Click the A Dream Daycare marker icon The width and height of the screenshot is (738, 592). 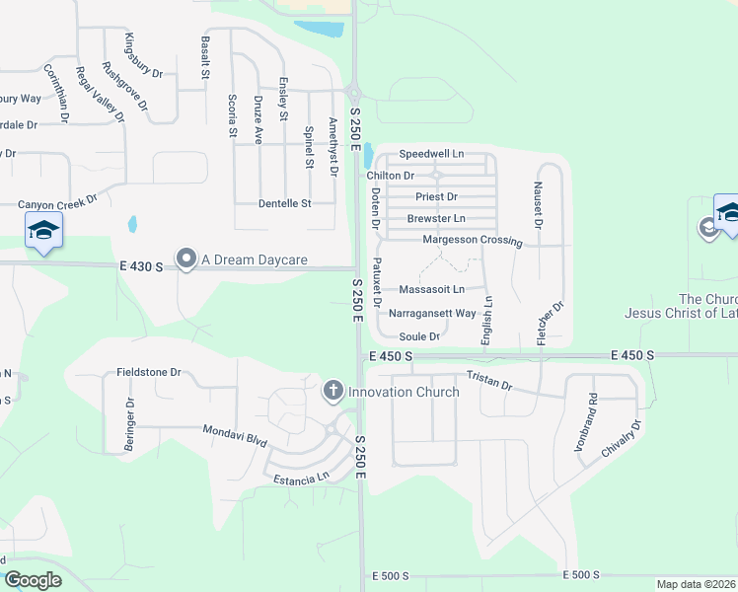click(x=186, y=259)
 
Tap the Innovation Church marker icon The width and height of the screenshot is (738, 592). click(x=333, y=392)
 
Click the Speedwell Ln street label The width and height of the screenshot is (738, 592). click(x=431, y=154)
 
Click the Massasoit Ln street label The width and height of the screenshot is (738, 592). click(x=431, y=290)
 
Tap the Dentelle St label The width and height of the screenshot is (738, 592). click(x=284, y=203)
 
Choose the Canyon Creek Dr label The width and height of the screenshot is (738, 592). click(x=58, y=203)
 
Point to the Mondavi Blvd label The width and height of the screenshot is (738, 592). click(x=235, y=433)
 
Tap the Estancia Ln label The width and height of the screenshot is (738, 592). click(x=302, y=478)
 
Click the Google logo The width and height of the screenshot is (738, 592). click(x=33, y=580)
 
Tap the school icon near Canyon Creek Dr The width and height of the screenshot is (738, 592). click(x=42, y=231)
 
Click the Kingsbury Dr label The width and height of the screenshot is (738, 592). click(x=144, y=55)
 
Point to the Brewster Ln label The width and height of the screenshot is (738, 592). click(x=436, y=218)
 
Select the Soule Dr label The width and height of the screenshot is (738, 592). click(x=418, y=336)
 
